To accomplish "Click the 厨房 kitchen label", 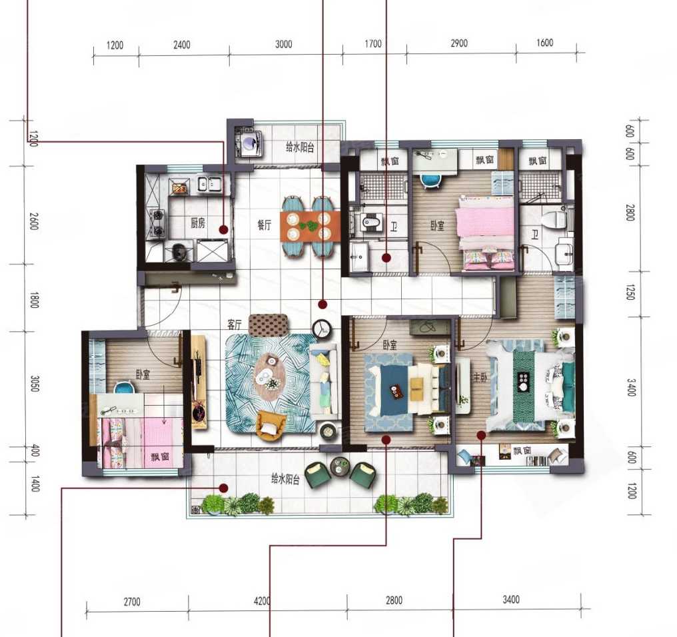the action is pyautogui.click(x=198, y=223).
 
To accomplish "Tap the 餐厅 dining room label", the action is pyautogui.click(x=265, y=225).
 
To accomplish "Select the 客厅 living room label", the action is pyautogui.click(x=235, y=324).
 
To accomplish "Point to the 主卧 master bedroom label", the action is pyautogui.click(x=480, y=377).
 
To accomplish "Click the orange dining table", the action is pyautogui.click(x=310, y=226).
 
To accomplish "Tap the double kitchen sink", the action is pyautogui.click(x=209, y=185).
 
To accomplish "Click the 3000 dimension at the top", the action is pyautogui.click(x=284, y=44).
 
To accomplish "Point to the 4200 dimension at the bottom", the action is pyautogui.click(x=262, y=601).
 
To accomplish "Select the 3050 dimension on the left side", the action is pyautogui.click(x=35, y=384).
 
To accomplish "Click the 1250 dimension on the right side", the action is pyautogui.click(x=630, y=293).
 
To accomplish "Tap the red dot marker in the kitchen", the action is pyautogui.click(x=223, y=230).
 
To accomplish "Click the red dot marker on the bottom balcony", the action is pyautogui.click(x=223, y=488).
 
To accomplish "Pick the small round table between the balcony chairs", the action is pyautogui.click(x=340, y=466).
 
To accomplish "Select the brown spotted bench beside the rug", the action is pyautogui.click(x=268, y=324).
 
